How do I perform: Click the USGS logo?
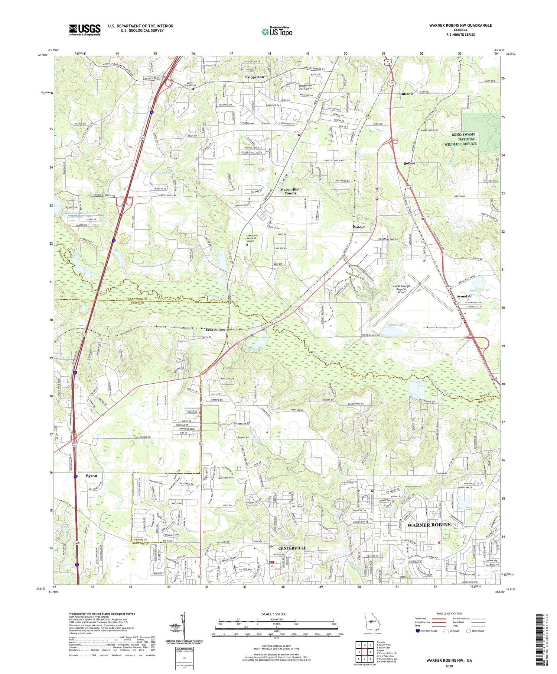(x=85, y=30)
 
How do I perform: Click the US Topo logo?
(x=277, y=32)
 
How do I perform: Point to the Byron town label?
(x=91, y=476)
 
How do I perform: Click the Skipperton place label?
(x=254, y=77)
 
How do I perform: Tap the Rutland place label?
(x=405, y=94)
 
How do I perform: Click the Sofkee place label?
(x=409, y=164)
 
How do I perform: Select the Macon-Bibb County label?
(x=290, y=191)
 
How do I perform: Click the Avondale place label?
(x=464, y=296)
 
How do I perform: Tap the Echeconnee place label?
(x=215, y=330)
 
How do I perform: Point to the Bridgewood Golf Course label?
(x=305, y=87)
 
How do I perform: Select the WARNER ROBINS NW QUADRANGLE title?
(x=460, y=25)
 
